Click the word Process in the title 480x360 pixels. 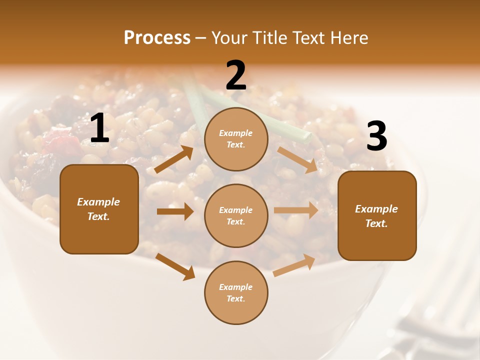click(x=157, y=38)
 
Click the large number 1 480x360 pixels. click(x=99, y=128)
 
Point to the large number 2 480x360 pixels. click(x=236, y=75)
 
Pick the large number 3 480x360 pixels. click(x=376, y=136)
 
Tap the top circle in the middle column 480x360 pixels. click(x=236, y=139)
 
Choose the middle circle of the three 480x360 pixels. click(x=236, y=215)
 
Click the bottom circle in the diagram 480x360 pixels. click(x=236, y=292)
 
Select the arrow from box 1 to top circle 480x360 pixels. click(x=174, y=159)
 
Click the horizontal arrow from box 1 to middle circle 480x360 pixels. click(x=175, y=211)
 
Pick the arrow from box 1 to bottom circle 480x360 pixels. click(x=175, y=266)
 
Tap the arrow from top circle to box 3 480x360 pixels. click(x=297, y=159)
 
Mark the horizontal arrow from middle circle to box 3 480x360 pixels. click(x=296, y=210)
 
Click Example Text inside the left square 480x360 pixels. click(x=98, y=209)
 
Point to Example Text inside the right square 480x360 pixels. click(x=376, y=216)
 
